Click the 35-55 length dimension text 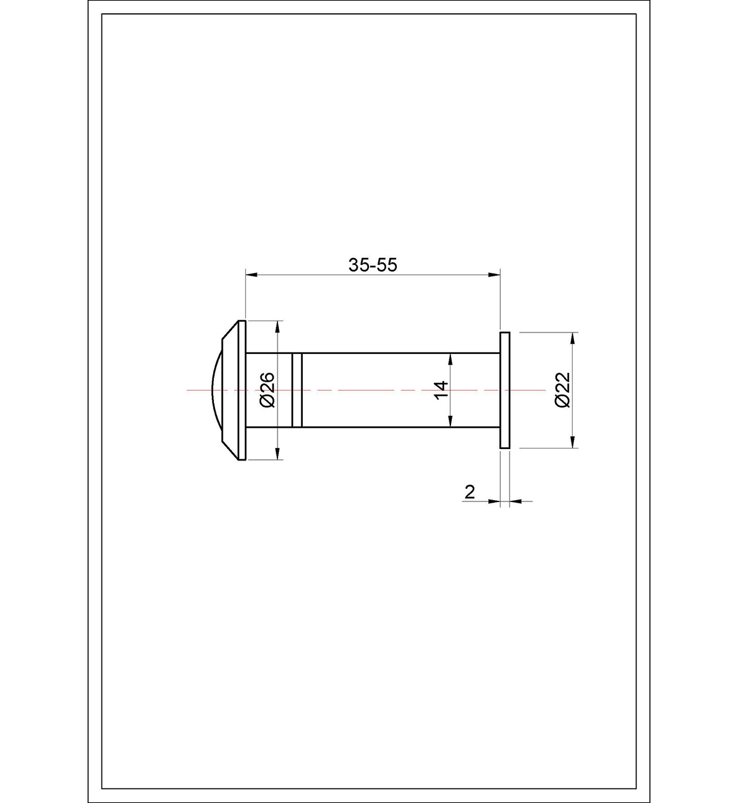373,265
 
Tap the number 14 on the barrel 441,389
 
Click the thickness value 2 469,492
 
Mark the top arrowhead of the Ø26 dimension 277,325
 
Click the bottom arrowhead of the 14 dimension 450,423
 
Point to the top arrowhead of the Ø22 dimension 573,337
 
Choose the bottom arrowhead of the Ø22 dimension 573,443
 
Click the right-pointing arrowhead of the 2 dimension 495,501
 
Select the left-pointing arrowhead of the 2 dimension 515,501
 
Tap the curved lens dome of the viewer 214,390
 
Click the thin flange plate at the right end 505,390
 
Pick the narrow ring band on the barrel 297,390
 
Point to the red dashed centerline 366,390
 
